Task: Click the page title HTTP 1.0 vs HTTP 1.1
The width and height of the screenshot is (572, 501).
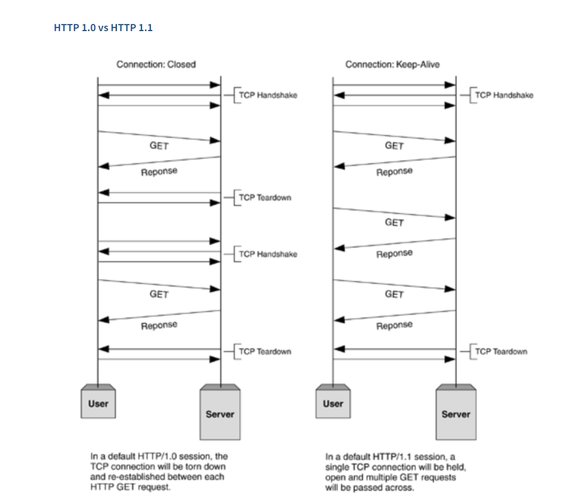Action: click(x=103, y=27)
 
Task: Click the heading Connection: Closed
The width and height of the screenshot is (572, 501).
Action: click(x=156, y=64)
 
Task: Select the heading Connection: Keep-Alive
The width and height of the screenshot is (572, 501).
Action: click(x=392, y=64)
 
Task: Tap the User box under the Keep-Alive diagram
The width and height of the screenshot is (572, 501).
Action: click(x=333, y=403)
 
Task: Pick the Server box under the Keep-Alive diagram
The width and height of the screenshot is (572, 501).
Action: click(x=456, y=413)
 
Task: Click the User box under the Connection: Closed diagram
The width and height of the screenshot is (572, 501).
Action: click(x=98, y=403)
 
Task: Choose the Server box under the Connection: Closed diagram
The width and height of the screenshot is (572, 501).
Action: click(x=220, y=413)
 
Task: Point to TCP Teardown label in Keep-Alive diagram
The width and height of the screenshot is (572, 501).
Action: click(x=501, y=351)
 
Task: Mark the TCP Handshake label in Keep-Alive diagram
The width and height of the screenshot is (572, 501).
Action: click(x=503, y=95)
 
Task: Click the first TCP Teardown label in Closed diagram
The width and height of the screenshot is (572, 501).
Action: click(x=264, y=197)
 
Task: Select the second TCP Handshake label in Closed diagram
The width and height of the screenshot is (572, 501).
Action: click(x=267, y=254)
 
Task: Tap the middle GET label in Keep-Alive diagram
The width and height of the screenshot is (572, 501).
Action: click(x=394, y=223)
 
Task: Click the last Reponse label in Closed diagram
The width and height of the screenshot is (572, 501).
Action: click(x=159, y=326)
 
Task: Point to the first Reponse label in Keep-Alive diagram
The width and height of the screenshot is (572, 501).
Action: click(x=394, y=172)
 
